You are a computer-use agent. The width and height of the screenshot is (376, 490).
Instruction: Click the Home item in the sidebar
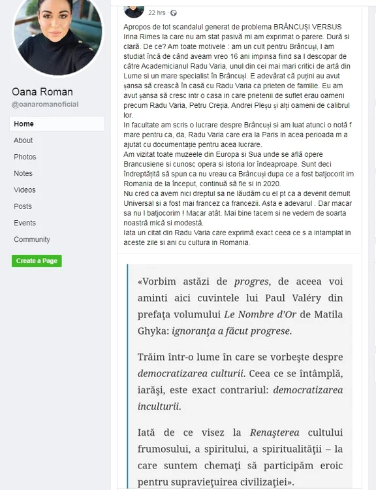click(23, 123)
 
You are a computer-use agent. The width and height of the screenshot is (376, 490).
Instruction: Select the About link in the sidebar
click(23, 140)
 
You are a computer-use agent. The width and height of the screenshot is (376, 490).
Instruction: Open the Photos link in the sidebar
click(25, 157)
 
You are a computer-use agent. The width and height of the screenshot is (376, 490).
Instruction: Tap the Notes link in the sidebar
click(23, 174)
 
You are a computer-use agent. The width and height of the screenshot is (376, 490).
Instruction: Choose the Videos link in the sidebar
click(25, 190)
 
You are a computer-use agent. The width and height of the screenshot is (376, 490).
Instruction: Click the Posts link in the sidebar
click(23, 206)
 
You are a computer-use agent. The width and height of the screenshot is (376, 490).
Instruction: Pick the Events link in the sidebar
click(25, 223)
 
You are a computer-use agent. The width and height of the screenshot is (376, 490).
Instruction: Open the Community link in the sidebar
click(32, 240)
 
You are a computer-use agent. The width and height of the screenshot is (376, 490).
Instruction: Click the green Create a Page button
click(37, 261)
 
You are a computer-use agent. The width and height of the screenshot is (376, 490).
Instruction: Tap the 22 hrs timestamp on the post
click(157, 12)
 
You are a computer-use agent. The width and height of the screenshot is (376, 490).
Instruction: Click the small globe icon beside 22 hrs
click(174, 12)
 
